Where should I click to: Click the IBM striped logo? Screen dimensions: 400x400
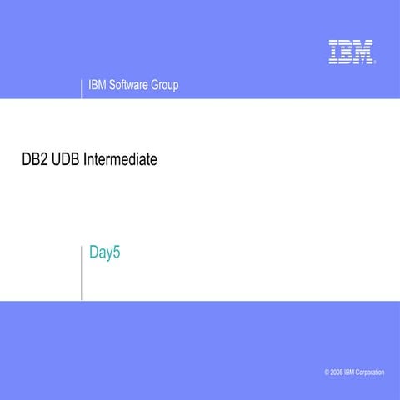click(x=350, y=52)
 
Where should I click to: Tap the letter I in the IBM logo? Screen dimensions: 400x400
click(x=333, y=52)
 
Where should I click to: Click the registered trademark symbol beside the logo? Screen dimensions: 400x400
click(x=375, y=62)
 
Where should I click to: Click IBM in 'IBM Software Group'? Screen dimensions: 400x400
click(x=96, y=85)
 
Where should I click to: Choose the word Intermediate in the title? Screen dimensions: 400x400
click(x=121, y=158)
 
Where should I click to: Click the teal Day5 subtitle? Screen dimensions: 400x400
click(x=105, y=252)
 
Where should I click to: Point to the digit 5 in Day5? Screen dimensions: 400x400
click(x=117, y=252)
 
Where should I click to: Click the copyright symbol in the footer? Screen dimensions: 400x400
click(x=327, y=372)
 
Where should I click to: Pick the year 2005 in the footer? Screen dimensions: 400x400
click(x=337, y=372)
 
